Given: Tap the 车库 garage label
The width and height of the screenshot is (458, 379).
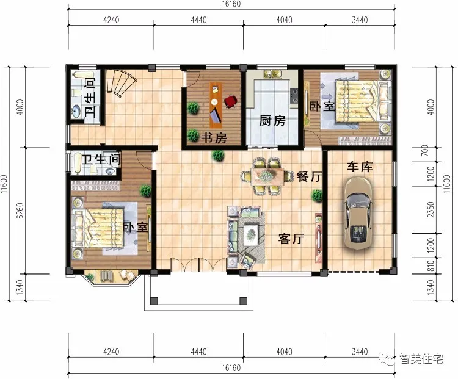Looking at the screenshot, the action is point(360,167).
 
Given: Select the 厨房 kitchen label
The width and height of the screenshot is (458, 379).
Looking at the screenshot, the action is point(272,120).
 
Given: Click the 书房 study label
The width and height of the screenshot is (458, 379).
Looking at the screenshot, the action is point(214,138).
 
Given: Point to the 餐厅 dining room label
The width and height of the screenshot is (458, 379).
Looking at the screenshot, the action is point(310,176).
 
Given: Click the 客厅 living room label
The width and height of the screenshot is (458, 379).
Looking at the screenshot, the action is point(291,239).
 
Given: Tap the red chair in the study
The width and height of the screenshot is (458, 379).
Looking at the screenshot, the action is point(231,101).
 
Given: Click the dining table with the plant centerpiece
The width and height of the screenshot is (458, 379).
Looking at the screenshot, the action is point(267,176).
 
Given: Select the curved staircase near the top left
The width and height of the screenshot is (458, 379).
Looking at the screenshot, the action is point(120,82).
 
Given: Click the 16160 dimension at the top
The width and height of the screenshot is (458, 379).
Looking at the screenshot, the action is point(231,4).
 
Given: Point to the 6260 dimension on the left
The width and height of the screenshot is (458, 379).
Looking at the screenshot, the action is point(20,211).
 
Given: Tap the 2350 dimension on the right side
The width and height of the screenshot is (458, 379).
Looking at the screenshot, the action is point(431,209).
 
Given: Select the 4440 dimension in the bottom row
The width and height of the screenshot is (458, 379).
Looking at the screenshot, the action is point(198,352).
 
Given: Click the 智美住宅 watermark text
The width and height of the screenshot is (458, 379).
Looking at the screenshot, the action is point(421,359).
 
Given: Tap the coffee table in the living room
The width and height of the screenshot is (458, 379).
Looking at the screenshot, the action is point(250,234).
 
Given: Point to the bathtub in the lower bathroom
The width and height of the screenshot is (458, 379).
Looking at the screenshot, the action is point(78,163).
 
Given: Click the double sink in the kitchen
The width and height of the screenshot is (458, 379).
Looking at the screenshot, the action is point(272,74).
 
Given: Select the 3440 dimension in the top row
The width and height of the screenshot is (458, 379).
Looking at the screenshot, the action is point(360,20).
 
